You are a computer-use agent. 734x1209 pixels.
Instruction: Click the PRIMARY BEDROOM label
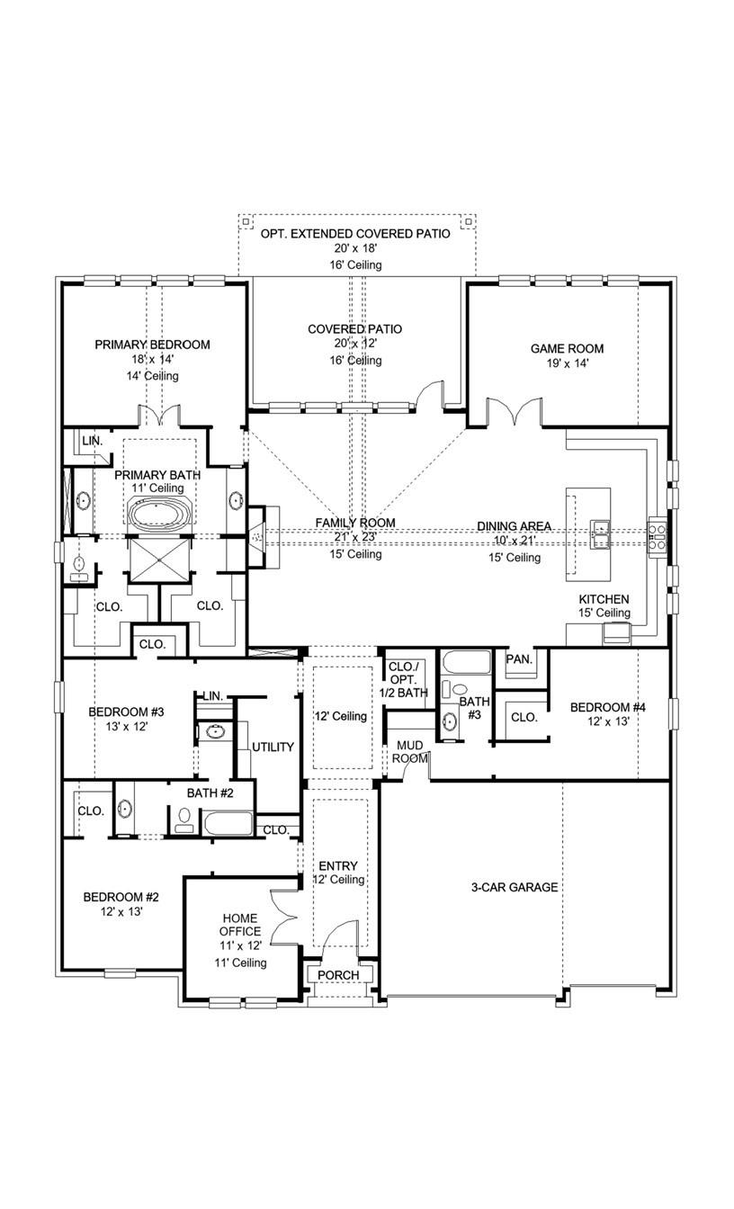point(152,345)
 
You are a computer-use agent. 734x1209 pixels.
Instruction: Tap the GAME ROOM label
point(567,349)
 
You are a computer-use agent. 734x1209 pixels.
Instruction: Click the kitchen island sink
point(600,532)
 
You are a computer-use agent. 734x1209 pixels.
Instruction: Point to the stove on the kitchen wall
point(658,534)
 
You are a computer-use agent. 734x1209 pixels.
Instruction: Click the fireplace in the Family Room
point(257,537)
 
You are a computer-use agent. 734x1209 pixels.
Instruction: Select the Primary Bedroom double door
point(160,416)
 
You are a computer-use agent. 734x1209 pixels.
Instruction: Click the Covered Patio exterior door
point(433,397)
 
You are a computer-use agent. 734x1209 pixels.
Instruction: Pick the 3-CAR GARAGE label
point(514,887)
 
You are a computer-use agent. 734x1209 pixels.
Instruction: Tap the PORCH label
point(338,975)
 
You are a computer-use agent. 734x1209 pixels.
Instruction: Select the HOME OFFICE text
point(241,925)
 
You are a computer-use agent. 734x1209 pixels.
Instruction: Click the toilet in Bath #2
point(184,819)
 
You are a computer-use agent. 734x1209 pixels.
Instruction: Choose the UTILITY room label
point(273,748)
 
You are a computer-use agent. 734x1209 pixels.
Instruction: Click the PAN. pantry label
point(519,659)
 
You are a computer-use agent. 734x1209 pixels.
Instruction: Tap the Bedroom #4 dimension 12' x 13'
point(608,722)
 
